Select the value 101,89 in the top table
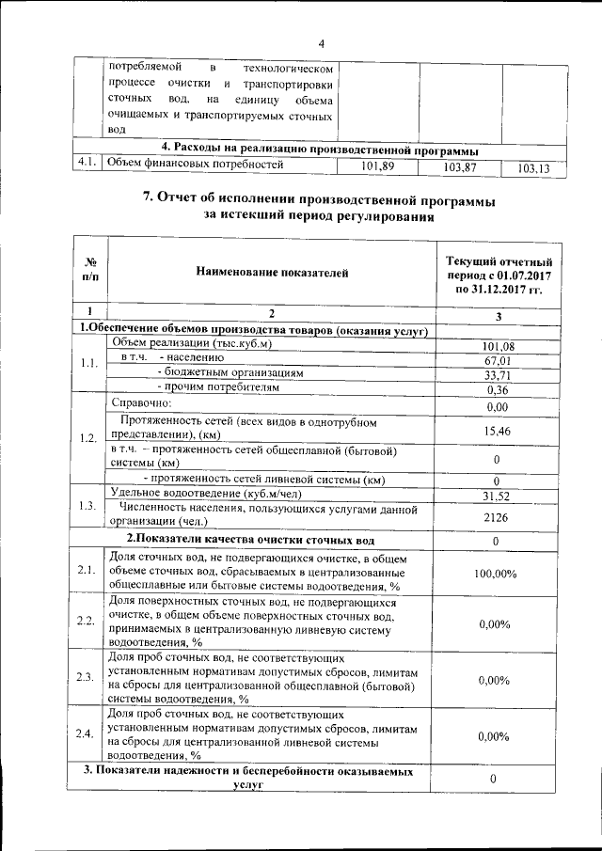[x=376, y=166]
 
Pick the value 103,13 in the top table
[x=533, y=168]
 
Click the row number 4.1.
[x=88, y=164]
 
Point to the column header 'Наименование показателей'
[x=272, y=273]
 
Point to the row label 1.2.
[x=87, y=437]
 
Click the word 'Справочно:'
[x=135, y=402]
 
